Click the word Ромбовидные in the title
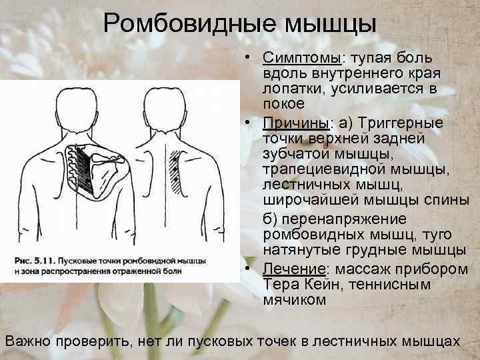(x=190, y=25)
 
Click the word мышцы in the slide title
(x=330, y=25)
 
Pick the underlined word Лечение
(x=293, y=269)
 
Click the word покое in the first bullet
(x=285, y=105)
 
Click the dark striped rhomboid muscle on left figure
(x=83, y=171)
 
